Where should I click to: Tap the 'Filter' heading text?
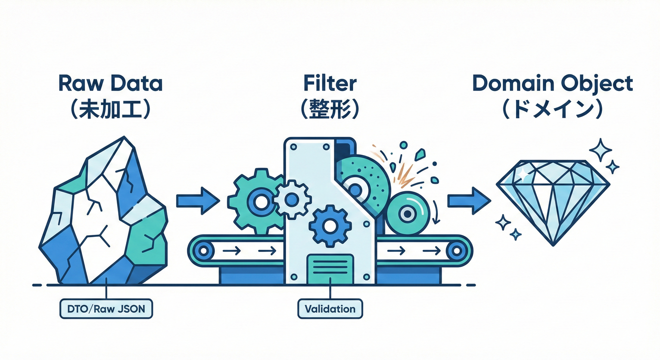click(x=330, y=83)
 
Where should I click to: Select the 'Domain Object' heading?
click(x=552, y=84)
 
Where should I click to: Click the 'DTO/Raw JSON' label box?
click(x=106, y=309)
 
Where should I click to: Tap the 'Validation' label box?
click(x=330, y=309)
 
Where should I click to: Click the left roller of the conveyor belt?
click(x=203, y=251)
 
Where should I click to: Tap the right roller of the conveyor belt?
click(x=455, y=251)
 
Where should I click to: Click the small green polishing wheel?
click(x=408, y=214)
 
